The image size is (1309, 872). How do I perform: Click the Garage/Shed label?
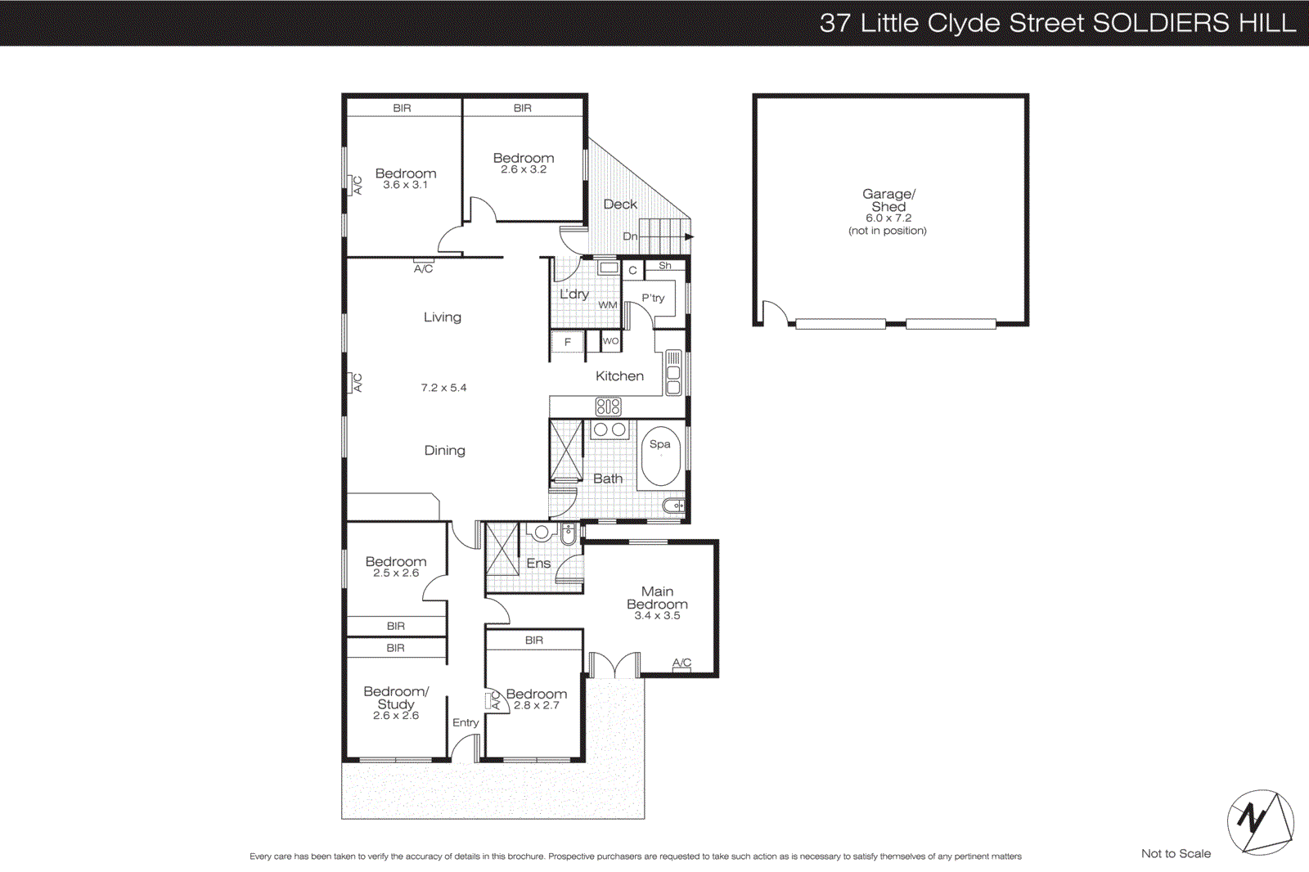point(888,200)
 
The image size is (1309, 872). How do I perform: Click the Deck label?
point(619,205)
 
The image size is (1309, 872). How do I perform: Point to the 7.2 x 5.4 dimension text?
point(443,388)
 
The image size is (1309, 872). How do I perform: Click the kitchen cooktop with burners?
point(608,406)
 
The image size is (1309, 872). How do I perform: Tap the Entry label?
point(466,722)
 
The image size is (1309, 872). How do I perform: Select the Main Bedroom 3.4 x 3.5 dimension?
point(657,616)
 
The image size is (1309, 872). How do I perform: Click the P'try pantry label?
point(653,298)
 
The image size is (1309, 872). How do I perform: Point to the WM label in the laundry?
point(607,305)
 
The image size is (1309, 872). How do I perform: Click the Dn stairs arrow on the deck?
point(689,237)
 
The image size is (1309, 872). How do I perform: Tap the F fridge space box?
point(567,342)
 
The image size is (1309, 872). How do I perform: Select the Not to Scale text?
point(1176,853)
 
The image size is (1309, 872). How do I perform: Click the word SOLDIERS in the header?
point(1160,23)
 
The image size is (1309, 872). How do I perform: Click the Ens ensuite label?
point(538,564)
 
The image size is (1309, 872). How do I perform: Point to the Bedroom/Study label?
point(396,698)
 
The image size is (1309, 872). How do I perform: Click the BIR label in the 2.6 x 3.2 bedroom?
point(523,108)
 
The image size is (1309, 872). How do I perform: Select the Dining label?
point(444,451)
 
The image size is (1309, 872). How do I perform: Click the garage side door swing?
point(774,312)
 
